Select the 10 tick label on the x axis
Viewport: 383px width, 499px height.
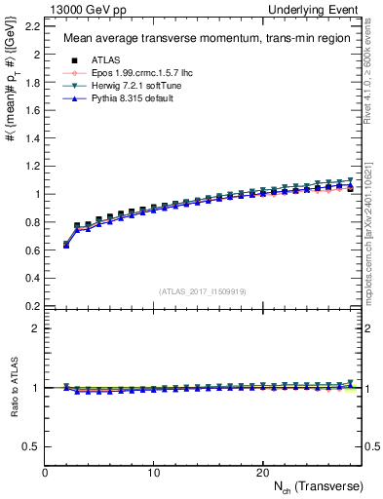(x=153, y=472)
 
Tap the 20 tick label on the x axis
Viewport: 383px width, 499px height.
(x=261, y=472)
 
